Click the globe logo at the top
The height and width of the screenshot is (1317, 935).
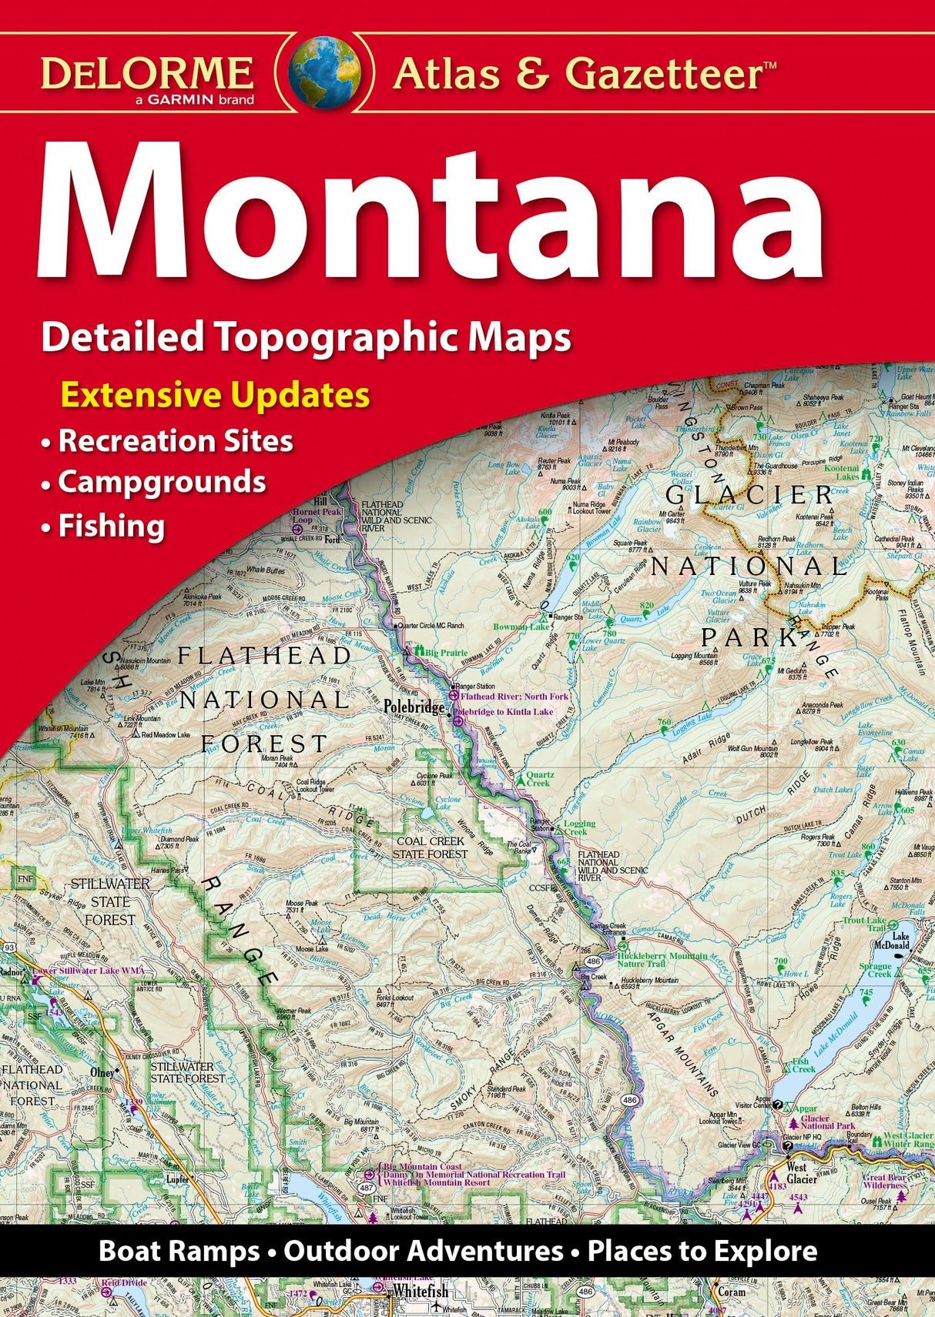[324, 73]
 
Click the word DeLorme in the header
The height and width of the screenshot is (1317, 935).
[147, 73]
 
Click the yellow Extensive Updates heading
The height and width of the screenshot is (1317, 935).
[215, 396]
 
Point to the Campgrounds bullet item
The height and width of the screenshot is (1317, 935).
[162, 483]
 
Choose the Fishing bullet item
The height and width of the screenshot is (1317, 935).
[112, 527]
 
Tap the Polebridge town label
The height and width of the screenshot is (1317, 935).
[414, 707]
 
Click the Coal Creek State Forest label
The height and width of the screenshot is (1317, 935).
[430, 847]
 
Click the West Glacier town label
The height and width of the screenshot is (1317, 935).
[801, 1173]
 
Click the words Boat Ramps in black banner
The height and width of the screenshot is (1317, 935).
[179, 1251]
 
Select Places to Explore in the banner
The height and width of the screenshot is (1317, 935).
[702, 1251]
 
